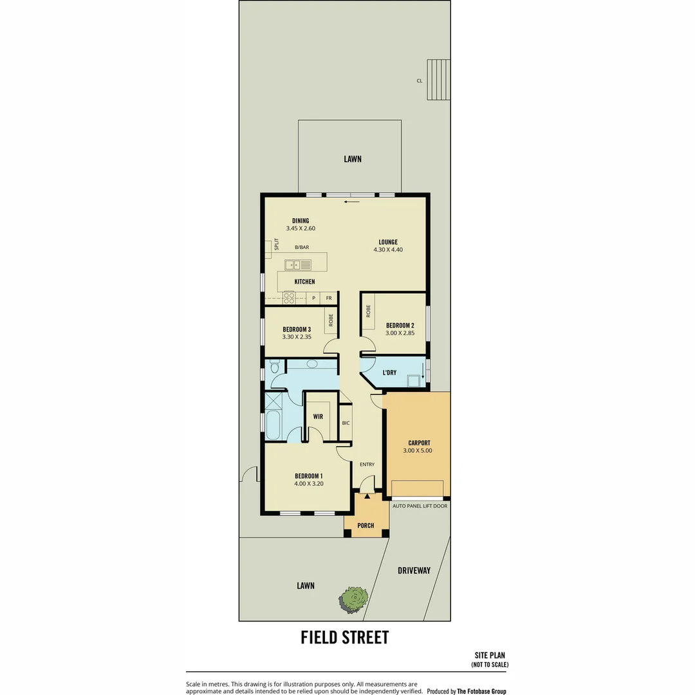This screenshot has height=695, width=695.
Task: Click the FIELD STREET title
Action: click(345, 637)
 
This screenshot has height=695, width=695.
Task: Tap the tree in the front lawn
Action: click(353, 598)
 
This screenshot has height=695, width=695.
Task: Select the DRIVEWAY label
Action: click(414, 570)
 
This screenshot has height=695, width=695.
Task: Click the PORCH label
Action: click(366, 526)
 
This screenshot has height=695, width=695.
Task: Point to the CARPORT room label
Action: click(419, 443)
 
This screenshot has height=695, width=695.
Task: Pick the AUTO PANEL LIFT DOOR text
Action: click(420, 506)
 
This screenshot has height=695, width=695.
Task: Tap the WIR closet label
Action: click(318, 416)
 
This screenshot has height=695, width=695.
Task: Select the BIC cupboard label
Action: click(346, 423)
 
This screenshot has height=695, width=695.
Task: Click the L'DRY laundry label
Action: click(389, 373)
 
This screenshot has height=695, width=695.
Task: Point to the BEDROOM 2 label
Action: click(400, 325)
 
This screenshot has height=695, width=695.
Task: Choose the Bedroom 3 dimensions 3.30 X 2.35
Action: click(297, 337)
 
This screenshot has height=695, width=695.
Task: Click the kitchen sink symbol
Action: click(298, 264)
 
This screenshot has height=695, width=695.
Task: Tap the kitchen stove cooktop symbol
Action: click(289, 298)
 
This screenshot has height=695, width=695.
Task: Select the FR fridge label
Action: click(329, 298)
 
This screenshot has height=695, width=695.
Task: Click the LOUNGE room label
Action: click(388, 243)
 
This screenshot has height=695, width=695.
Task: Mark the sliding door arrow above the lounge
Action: click(351, 202)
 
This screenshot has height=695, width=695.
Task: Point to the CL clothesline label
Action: click(419, 81)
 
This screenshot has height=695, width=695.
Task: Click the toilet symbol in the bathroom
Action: click(274, 367)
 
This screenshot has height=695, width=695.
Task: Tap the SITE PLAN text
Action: click(490, 656)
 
